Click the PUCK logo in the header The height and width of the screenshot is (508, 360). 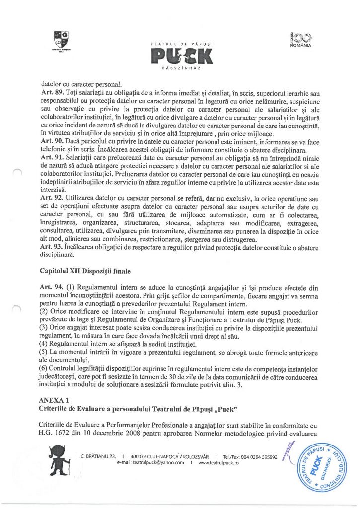pyautogui.click(x=180, y=55)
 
